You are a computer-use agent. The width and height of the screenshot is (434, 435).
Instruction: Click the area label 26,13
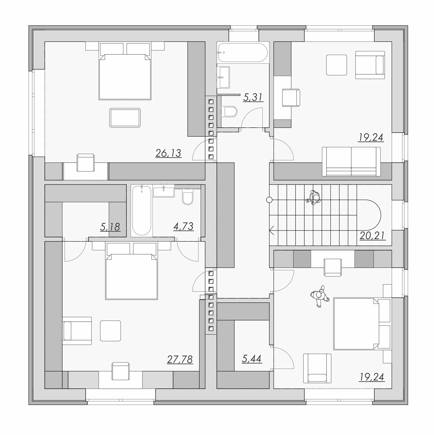coord(168,153)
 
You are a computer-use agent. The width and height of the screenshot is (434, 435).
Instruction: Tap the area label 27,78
coord(180,359)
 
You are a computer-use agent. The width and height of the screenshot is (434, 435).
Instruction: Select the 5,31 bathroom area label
coord(253,97)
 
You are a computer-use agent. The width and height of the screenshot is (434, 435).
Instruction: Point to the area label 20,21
coord(373,235)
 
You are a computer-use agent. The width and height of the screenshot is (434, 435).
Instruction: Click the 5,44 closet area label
coord(252,359)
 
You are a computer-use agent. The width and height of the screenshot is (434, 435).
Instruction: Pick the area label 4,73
coord(183,226)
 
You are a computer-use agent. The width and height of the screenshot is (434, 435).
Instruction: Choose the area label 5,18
coord(110,227)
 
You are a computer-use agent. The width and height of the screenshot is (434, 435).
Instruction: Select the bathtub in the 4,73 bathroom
coord(142,211)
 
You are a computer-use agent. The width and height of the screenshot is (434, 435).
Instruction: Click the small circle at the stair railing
coord(269,200)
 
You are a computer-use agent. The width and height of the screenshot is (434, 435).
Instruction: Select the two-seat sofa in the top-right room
coord(351,162)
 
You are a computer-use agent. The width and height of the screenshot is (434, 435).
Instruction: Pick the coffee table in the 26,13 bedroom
coord(125,118)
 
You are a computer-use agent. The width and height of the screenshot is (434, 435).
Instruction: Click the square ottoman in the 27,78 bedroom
coord(110,331)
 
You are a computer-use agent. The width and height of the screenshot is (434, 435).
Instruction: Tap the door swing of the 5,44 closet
coord(284,358)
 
